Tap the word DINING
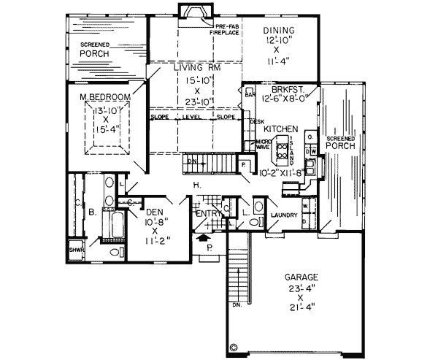pos(277,30)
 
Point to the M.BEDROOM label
pos(105,96)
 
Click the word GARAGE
pos(301,278)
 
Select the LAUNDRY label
pos(281,216)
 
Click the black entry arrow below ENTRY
pos(203,237)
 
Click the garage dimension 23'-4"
pos(301,289)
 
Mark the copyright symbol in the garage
pos(234,348)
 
